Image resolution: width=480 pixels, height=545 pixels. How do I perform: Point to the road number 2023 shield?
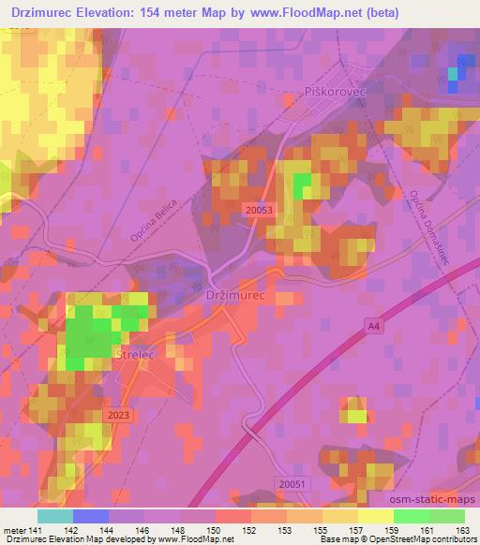(119, 415)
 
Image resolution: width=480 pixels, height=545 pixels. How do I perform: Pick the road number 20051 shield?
(292, 482)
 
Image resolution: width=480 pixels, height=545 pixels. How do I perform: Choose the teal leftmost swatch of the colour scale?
(55, 516)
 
